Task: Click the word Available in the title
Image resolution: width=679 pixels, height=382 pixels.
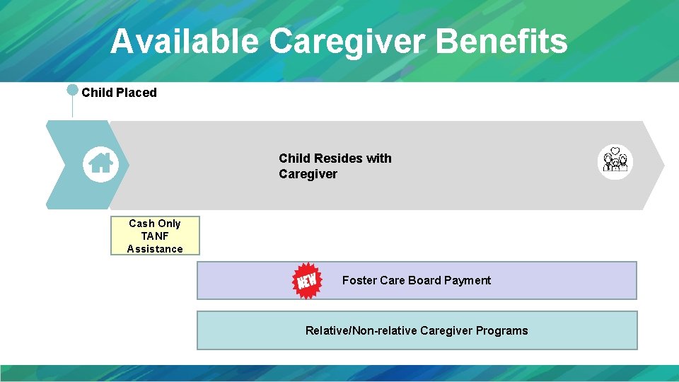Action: pos(185,41)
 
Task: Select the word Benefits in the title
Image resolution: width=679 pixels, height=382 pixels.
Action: pos(502,41)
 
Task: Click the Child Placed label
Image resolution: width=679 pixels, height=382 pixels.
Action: pos(119,93)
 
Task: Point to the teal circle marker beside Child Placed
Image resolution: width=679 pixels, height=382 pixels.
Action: pos(72,90)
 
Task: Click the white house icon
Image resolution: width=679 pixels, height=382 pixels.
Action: pos(100,164)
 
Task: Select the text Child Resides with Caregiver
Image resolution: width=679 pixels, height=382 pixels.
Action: pos(335,166)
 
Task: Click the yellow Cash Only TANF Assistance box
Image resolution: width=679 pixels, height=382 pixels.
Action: pos(155,236)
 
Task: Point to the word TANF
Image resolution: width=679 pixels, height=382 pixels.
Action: pos(155,236)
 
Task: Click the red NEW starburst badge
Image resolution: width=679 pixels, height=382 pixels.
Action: pos(307,281)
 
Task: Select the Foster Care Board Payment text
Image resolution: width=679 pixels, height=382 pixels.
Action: pos(416,281)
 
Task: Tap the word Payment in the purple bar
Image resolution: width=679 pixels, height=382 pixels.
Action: pos(467,281)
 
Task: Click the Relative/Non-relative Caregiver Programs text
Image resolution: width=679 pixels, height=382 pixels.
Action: pos(416,330)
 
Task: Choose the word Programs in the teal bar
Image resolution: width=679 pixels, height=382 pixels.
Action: pos(501,330)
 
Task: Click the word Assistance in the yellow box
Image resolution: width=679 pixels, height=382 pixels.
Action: pos(155,249)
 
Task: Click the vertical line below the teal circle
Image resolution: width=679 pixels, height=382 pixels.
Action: pos(72,107)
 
